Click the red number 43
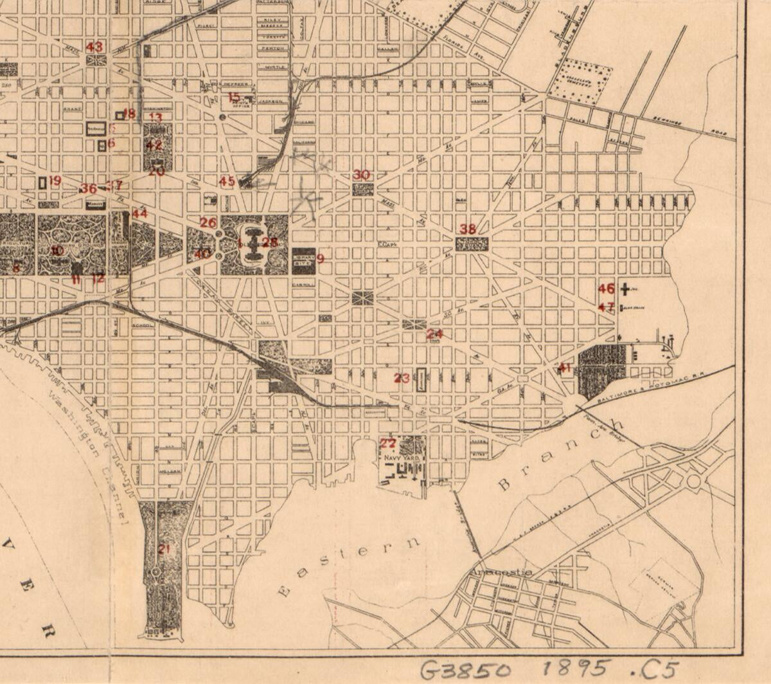click(94, 47)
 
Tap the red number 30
click(362, 175)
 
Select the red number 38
click(468, 229)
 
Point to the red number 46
click(607, 289)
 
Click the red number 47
click(606, 307)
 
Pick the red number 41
click(565, 368)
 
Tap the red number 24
click(435, 334)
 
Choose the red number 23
click(402, 378)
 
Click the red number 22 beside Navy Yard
click(388, 443)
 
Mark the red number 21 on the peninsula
click(164, 548)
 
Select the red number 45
click(227, 181)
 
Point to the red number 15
click(234, 97)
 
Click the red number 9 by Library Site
click(320, 258)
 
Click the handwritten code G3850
click(466, 670)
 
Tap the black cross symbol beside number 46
click(625, 290)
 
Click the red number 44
click(139, 213)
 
